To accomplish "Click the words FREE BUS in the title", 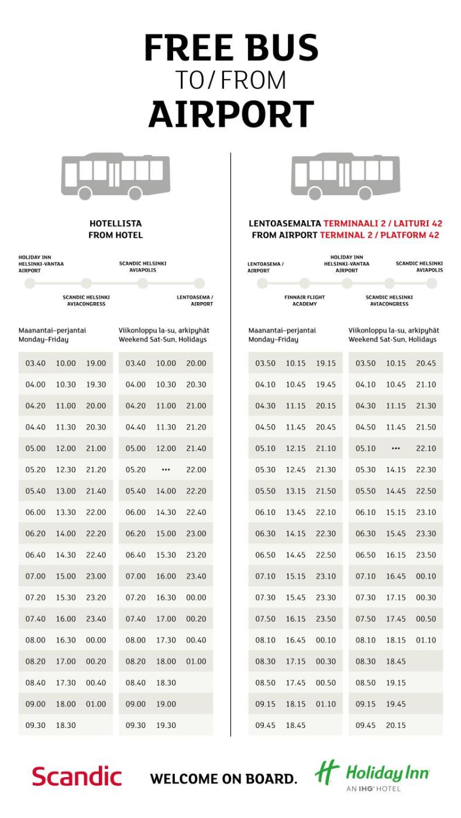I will click(231, 48).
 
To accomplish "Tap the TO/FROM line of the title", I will click(231, 81).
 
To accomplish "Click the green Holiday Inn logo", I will click(371, 776).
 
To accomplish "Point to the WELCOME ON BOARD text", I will click(223, 779).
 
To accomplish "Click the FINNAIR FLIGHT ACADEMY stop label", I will click(304, 300).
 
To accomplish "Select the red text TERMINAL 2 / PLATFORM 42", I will click(379, 235).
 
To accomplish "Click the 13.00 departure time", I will click(66, 491).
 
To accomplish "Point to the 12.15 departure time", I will click(295, 449).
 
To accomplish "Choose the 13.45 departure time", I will click(295, 512).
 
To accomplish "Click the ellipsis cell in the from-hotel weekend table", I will click(166, 470).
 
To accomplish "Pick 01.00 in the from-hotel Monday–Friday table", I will click(96, 704).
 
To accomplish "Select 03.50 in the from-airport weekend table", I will click(366, 363).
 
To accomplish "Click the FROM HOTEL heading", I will click(115, 235).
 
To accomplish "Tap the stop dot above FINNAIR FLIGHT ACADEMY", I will click(304, 283).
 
